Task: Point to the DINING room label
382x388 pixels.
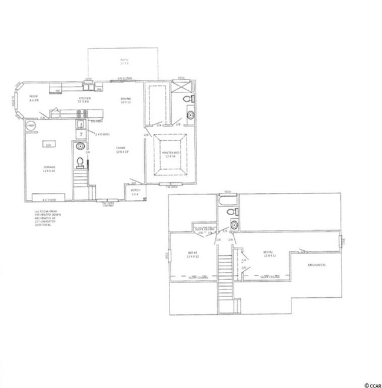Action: pos(125,100)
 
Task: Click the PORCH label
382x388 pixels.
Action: pos(134,192)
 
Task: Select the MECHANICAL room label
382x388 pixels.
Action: pos(318,265)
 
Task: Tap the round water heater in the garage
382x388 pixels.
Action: pos(31,126)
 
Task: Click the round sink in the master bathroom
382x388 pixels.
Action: pos(190,116)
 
